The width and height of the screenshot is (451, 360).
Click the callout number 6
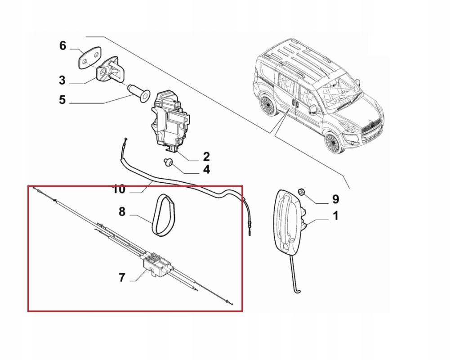tap(63, 45)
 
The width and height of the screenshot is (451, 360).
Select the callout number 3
tap(62, 81)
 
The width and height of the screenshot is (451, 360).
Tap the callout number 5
tap(62, 99)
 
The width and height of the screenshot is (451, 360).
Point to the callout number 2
tap(206, 157)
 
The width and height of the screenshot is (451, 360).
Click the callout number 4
tap(206, 170)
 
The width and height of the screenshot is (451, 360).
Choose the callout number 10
tap(119, 189)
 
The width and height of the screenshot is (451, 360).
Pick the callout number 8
tap(122, 211)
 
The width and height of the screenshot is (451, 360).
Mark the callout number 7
tap(122, 277)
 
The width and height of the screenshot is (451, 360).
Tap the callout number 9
tap(335, 199)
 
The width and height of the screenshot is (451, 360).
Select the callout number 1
tap(335, 216)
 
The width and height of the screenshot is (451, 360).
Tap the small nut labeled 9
tap(303, 193)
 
